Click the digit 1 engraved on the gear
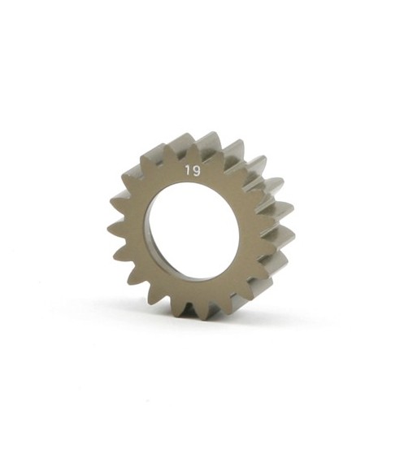pos(188,171)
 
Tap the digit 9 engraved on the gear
pos(197,171)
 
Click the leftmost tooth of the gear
pos(113,230)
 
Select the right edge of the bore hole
pos(239,231)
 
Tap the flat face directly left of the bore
pos(134,231)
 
